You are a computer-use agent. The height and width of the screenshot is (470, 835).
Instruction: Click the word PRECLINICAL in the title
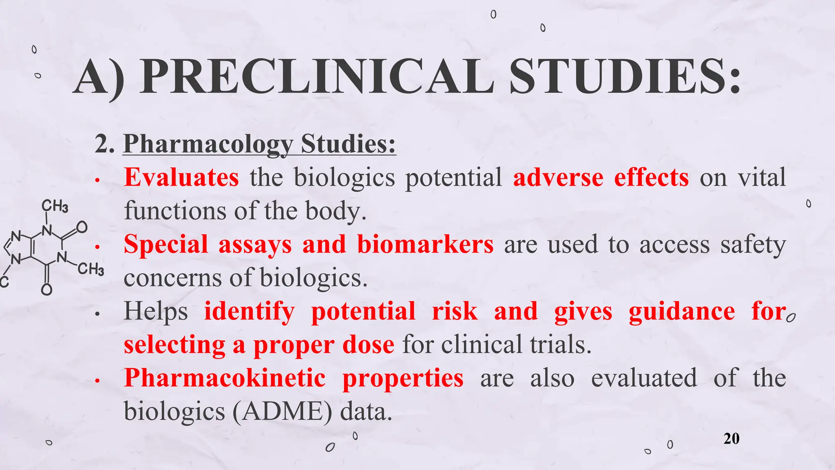pyautogui.click(x=316, y=77)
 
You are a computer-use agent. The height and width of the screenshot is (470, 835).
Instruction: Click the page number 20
pyautogui.click(x=731, y=439)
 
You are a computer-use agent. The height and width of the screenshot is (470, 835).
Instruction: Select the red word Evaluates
pyautogui.click(x=181, y=177)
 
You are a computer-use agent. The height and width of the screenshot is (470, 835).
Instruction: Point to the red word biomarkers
pyautogui.click(x=425, y=244)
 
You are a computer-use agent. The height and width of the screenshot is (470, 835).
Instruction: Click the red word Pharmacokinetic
pyautogui.click(x=225, y=378)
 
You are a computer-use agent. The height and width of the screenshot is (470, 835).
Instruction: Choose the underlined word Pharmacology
pyautogui.click(x=208, y=144)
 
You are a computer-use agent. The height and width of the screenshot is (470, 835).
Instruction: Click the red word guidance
pyautogui.click(x=682, y=311)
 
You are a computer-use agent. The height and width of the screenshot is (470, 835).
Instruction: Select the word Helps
pyautogui.click(x=156, y=311)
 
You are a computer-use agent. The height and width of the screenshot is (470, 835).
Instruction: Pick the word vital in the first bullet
pyautogui.click(x=762, y=177)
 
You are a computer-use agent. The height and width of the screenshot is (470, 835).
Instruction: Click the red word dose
pyautogui.click(x=368, y=345)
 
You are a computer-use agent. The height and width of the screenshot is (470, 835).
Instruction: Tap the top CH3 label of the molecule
pyautogui.click(x=55, y=206)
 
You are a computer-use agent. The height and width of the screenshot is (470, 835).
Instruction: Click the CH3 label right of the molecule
pyautogui.click(x=91, y=269)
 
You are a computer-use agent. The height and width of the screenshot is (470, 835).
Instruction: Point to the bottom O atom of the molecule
pyautogui.click(x=47, y=289)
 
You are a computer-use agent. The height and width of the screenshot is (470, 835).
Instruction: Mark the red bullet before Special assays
pyautogui.click(x=97, y=247)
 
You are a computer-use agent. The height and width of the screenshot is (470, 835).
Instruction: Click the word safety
pyautogui.click(x=753, y=245)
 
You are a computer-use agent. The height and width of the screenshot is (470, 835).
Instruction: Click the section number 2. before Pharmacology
pyautogui.click(x=104, y=144)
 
